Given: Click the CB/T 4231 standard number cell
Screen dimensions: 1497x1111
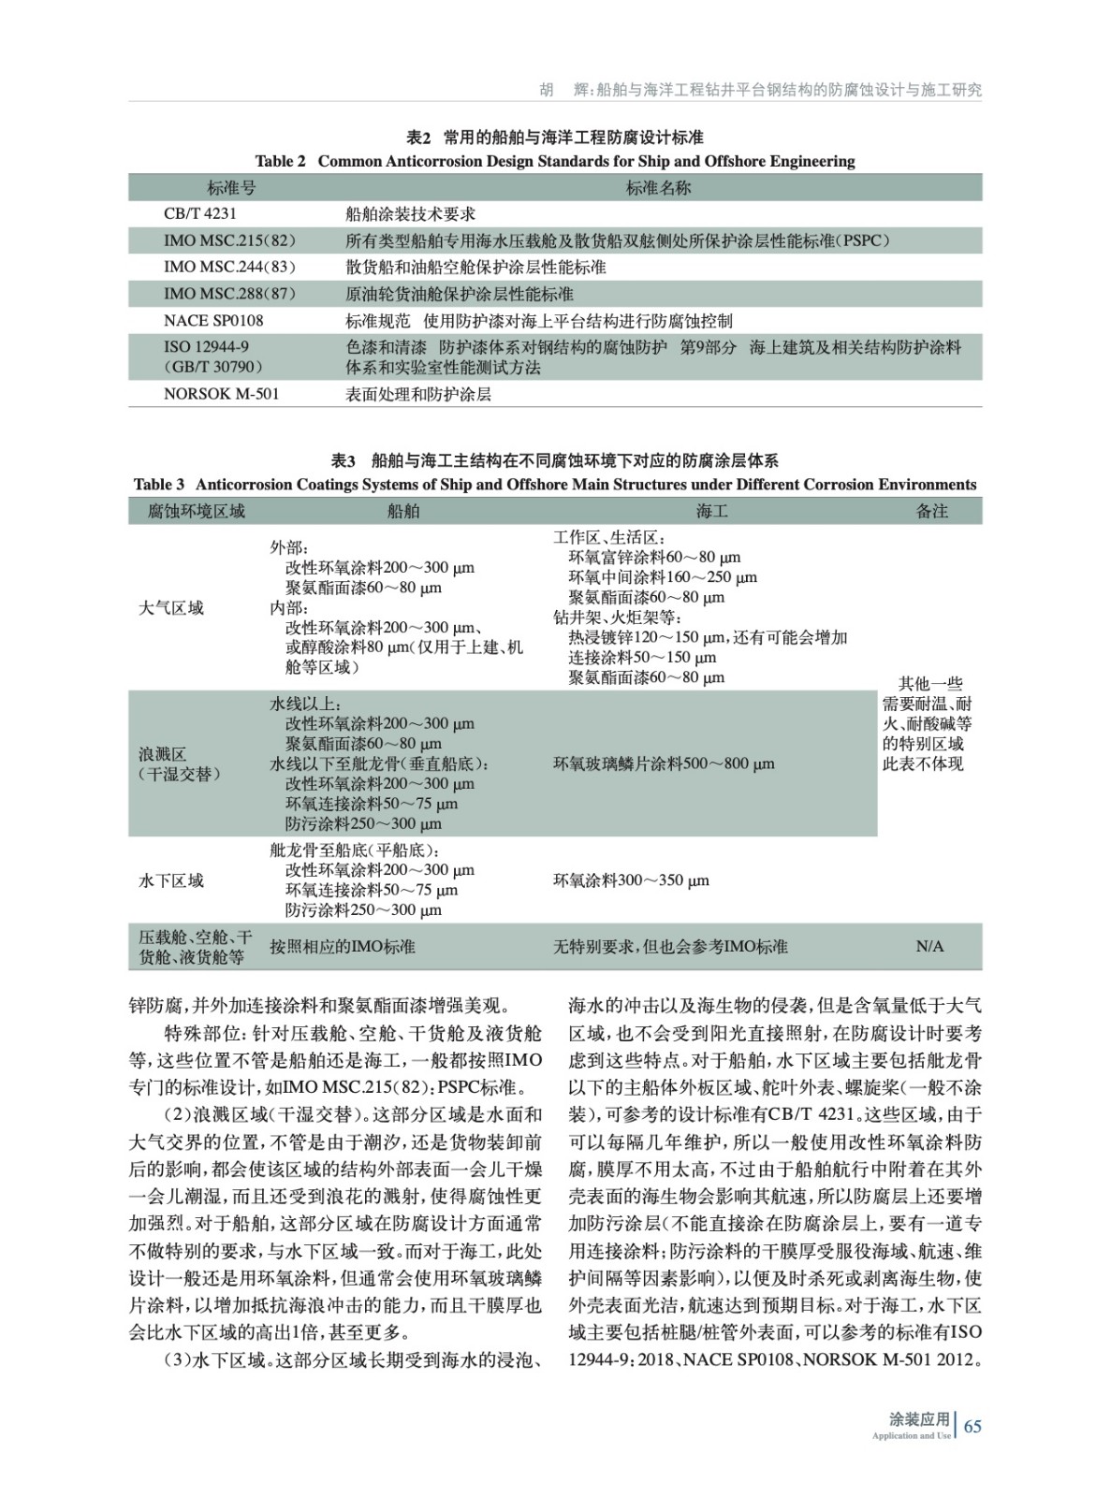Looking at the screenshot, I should (200, 214).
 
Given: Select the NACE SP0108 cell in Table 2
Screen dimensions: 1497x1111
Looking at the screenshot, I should (213, 320).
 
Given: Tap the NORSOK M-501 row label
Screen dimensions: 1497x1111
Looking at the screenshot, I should (221, 394).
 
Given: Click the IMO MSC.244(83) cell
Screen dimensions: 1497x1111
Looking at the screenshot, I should (229, 267).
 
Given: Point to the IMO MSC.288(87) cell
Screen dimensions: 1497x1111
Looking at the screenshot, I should (229, 294).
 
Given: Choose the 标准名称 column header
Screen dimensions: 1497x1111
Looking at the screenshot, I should (658, 188).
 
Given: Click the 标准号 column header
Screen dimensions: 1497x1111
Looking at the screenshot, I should (231, 188).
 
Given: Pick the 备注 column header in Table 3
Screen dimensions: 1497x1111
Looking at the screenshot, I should (931, 511).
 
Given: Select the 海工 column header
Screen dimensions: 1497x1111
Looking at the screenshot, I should (712, 511).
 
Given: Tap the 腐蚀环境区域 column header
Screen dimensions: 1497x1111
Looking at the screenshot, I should (197, 511).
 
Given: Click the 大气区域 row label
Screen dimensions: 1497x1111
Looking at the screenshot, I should (171, 608).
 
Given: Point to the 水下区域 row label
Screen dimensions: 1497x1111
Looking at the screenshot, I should (171, 880).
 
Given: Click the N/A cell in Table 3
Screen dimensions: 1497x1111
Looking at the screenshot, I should (929, 947).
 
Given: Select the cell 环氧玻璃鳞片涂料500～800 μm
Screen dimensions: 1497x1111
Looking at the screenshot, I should (664, 763).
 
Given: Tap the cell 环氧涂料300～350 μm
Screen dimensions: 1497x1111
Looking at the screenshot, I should (631, 880).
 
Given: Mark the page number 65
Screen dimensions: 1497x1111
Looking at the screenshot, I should (972, 1426).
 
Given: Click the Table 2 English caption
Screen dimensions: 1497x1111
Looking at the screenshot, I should (555, 161).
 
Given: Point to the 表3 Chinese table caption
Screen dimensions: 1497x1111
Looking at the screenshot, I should (555, 460).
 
